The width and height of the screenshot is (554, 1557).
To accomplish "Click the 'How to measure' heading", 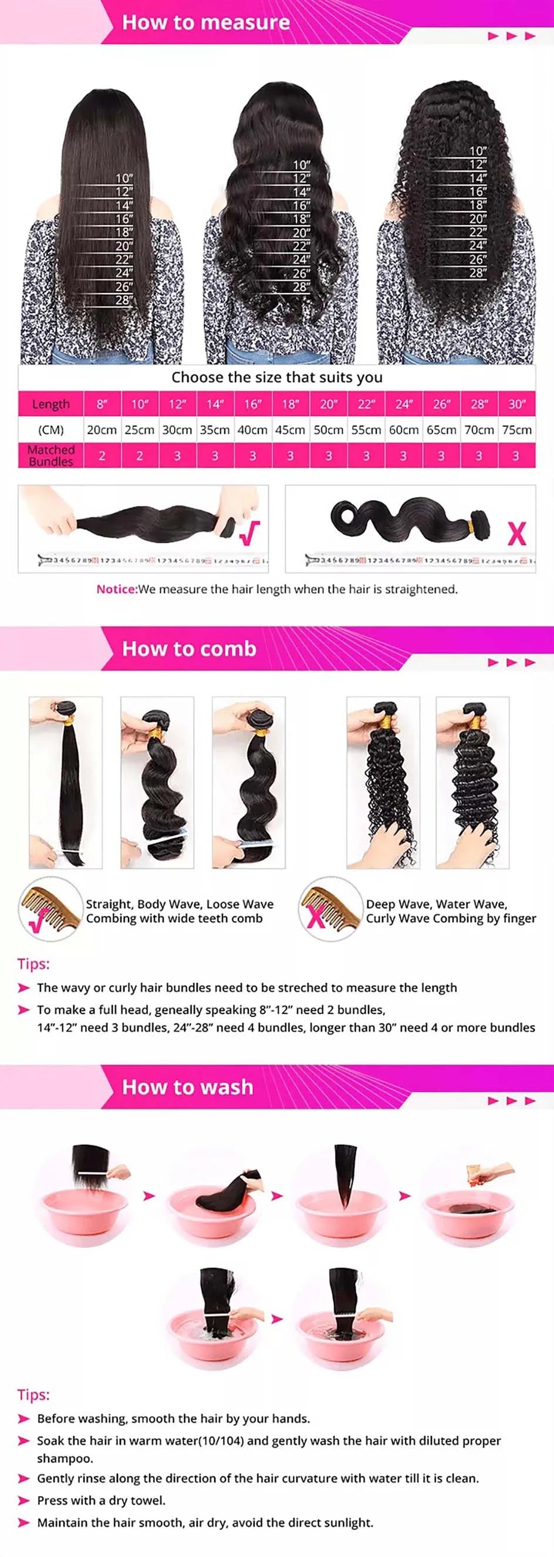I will tap(205, 22).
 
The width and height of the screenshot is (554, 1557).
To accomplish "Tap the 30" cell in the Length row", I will tap(516, 404).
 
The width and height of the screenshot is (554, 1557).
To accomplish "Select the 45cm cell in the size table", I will tap(290, 430).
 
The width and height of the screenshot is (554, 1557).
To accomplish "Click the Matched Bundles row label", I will tap(51, 455).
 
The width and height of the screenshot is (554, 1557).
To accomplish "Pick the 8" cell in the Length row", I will tap(102, 404).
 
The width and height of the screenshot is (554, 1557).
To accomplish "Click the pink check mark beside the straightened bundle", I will tap(250, 532).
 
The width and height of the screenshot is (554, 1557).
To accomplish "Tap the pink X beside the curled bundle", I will tap(516, 532).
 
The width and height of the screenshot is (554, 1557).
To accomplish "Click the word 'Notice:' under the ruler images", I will tap(117, 589).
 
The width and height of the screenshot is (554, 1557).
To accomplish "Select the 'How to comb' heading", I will tap(189, 648).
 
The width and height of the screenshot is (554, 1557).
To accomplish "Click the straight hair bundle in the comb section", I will tap(66, 783).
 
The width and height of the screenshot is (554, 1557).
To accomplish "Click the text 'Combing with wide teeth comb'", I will tap(174, 918).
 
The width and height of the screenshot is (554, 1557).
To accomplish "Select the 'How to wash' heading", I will tap(187, 1087).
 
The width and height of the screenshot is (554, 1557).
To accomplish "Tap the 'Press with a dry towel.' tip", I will tap(101, 1500).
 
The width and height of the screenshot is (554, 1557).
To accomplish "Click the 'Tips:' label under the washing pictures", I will tap(33, 1395).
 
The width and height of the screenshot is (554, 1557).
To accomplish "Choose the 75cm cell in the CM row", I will tap(516, 430).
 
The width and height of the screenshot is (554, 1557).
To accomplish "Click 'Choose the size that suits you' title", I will tap(277, 377).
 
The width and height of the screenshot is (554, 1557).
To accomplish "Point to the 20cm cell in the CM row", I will tap(102, 430).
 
